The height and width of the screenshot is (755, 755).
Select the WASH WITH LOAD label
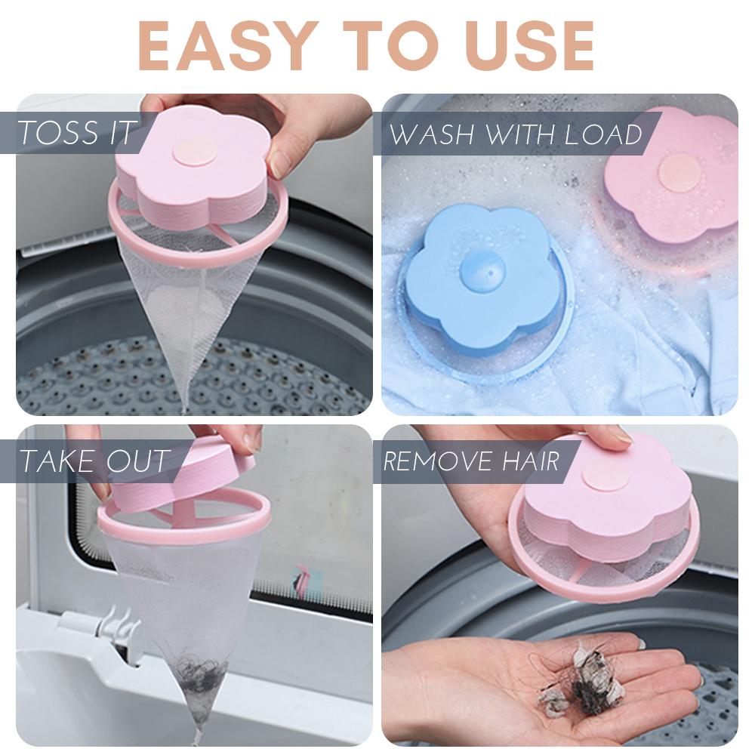[515, 134]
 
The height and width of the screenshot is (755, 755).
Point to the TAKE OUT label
[94, 461]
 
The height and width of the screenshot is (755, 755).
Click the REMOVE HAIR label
[472, 461]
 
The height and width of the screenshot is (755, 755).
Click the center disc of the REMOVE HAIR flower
[607, 476]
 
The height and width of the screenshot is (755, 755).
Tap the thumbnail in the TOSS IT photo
[280, 162]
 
